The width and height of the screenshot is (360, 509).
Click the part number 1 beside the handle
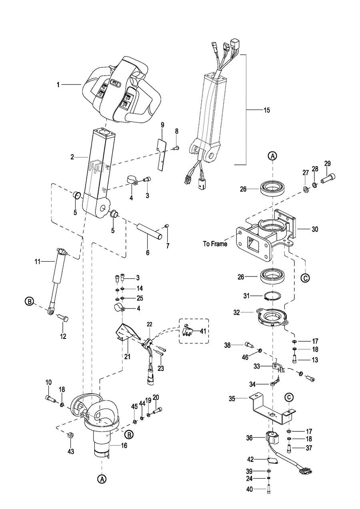coord(58,85)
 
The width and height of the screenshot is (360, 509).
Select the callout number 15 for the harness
coord(267,110)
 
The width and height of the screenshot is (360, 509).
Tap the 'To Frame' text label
coord(215,244)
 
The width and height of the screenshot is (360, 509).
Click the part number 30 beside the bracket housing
coord(314,229)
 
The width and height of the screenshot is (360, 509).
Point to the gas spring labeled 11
coord(57,277)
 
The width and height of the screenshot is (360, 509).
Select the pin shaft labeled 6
coord(149,231)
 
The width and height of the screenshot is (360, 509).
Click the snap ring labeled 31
coord(272,297)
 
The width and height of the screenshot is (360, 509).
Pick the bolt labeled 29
coord(328,177)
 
